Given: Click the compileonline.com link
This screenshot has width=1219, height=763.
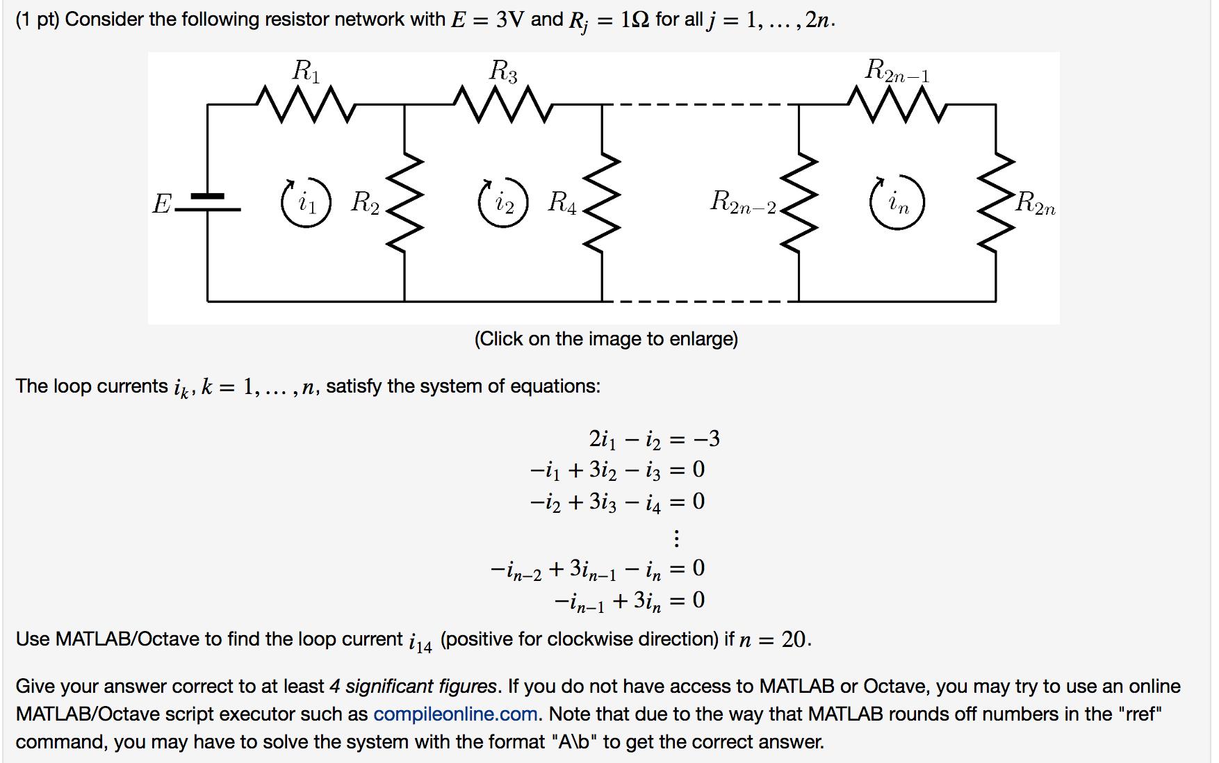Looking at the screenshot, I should tap(455, 714).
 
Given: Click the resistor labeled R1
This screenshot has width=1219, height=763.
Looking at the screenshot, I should tap(306, 105).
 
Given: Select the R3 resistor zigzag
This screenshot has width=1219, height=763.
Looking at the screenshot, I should tap(503, 105).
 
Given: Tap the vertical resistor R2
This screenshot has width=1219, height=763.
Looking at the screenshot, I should tap(404, 203).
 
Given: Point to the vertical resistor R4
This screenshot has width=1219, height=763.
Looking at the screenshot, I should tap(602, 203).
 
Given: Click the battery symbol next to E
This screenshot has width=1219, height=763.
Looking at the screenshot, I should tap(207, 202).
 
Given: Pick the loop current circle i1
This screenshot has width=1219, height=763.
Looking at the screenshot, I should tap(306, 203).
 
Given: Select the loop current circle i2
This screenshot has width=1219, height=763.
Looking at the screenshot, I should tap(503, 203).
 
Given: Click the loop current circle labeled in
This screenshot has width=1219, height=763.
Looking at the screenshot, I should tap(897, 203).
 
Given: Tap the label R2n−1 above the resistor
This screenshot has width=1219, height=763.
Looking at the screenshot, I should tap(897, 71).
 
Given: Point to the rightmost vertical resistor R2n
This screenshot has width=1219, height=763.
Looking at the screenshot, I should tap(996, 203).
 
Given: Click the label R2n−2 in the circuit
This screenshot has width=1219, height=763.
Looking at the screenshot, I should tap(743, 202).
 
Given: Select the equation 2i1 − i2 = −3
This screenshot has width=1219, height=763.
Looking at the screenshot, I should tap(654, 439).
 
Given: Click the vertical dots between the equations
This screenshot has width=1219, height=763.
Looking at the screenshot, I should tap(676, 538).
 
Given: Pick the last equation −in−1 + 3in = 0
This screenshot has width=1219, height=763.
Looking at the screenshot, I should tap(629, 601).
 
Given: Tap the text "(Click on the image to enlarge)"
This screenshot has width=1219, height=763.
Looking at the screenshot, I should tap(606, 339).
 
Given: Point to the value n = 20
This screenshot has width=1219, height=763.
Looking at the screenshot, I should tap(774, 639).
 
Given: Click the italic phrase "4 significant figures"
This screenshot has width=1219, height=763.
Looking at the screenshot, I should tap(414, 687).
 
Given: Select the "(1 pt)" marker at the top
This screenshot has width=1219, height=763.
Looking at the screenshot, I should tap(38, 19).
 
